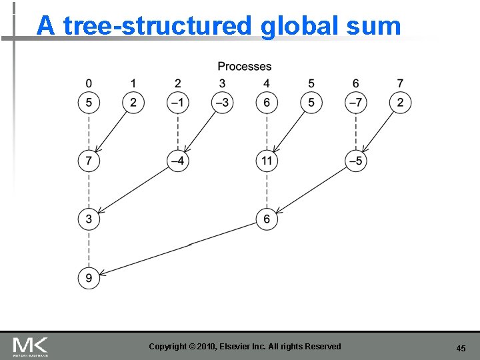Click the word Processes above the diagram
[x=245, y=66]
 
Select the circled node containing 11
[x=267, y=161]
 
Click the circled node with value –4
[x=177, y=161]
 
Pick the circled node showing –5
[x=356, y=161]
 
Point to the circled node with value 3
[x=89, y=219]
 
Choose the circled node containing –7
[x=356, y=103]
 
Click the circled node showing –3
[x=222, y=103]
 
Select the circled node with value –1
[x=177, y=103]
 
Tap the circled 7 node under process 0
[x=89, y=161]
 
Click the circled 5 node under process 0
[x=89, y=103]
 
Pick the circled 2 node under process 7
[x=400, y=103]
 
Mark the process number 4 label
[x=267, y=83]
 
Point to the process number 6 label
[x=356, y=83]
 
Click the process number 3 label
[x=222, y=83]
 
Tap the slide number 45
[x=461, y=348]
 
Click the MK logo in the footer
[x=31, y=347]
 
